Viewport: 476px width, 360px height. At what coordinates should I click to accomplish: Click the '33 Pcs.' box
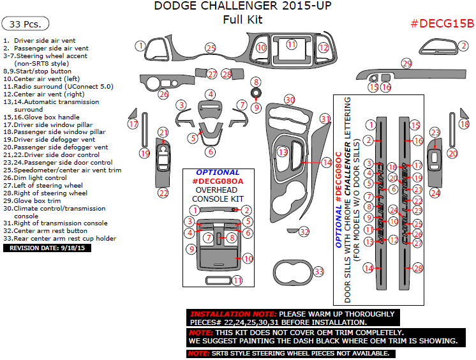[26, 24]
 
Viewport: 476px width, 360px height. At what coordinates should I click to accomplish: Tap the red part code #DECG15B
[442, 24]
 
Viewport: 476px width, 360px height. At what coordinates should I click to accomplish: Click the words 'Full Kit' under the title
[242, 20]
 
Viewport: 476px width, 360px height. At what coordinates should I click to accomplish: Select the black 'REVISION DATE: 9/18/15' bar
[47, 248]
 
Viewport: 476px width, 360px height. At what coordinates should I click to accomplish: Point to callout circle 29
[406, 63]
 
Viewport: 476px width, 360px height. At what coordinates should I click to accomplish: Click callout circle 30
[290, 100]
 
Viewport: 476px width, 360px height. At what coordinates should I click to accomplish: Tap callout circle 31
[325, 119]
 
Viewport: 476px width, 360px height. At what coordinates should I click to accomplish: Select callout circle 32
[304, 231]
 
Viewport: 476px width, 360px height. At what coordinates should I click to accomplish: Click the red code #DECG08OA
[218, 181]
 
